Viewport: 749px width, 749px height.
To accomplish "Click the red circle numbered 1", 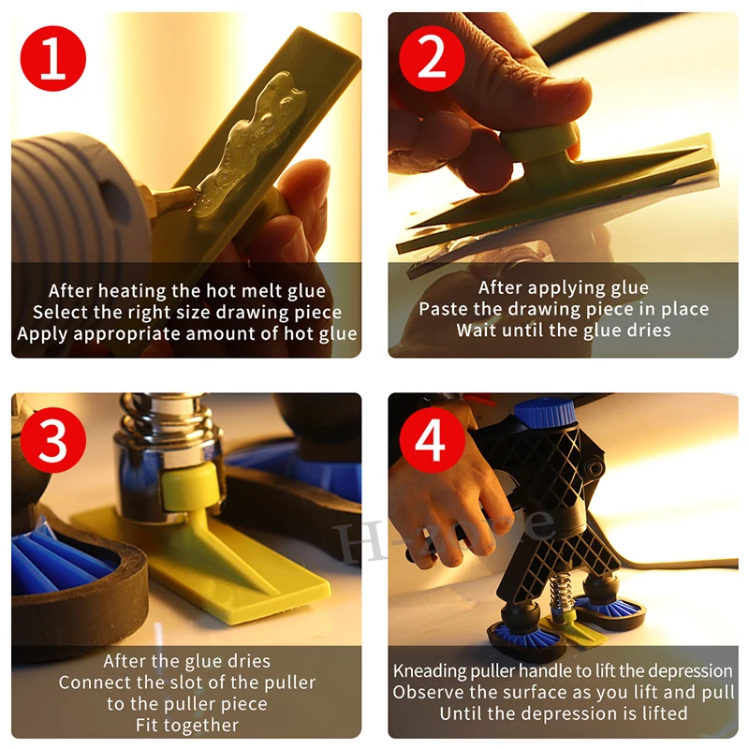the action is (53, 58).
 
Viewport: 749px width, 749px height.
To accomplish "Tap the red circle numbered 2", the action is (432, 58).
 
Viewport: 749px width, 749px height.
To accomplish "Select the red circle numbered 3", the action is (53, 440).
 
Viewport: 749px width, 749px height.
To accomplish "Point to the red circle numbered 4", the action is (432, 440).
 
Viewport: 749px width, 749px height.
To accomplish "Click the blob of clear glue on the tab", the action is (248, 143).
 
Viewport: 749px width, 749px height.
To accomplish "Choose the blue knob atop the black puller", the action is (545, 412).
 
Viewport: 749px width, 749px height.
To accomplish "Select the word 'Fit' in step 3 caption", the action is (146, 725).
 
